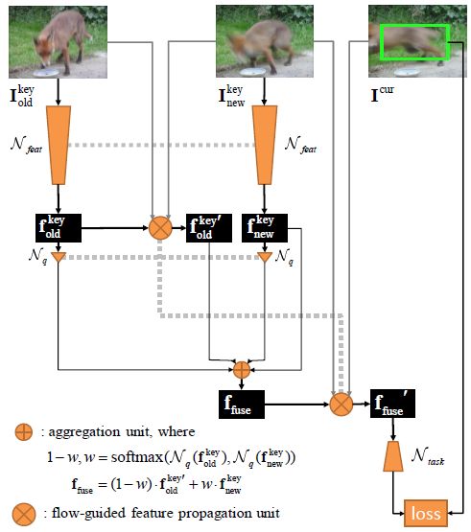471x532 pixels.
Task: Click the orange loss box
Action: pos(426,513)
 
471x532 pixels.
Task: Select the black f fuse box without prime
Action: pos(242,405)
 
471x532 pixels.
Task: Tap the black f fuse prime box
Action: pos(392,404)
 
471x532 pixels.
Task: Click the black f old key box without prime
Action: pos(59,228)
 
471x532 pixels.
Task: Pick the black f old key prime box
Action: pos(209,228)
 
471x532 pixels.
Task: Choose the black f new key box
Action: pos(265,228)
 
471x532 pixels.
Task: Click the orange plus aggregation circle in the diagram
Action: pos(242,370)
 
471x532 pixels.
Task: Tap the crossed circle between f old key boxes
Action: pos(160,228)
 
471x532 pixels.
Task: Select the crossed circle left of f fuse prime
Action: pos(341,405)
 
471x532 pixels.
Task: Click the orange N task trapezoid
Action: pos(393,456)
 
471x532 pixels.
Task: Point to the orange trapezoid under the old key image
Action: pos(59,145)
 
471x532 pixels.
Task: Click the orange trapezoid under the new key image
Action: pos(265,145)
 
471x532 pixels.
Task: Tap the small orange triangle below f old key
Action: pos(59,257)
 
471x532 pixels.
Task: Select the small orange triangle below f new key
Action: pos(265,257)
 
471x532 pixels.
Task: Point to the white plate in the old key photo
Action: pos(46,72)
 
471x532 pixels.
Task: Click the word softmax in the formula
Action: pos(137,457)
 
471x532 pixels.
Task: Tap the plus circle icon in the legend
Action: pos(24,432)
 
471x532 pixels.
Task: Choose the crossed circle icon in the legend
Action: pos(24,515)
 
